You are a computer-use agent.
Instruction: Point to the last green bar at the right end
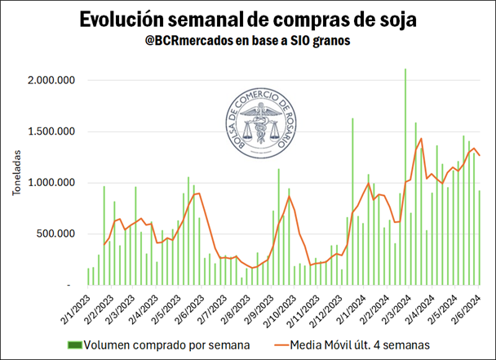480,238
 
